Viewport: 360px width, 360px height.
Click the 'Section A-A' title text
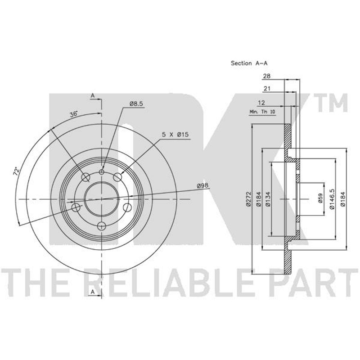click(249, 63)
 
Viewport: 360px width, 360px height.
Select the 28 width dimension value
click(267, 76)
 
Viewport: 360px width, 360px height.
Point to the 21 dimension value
click(267, 88)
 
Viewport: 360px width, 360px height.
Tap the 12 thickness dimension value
click(261, 103)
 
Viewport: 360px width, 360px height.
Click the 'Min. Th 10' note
click(262, 112)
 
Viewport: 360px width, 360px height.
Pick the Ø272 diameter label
click(248, 199)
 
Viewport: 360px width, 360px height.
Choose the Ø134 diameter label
click(268, 199)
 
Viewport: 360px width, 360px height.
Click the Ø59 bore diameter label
click(320, 198)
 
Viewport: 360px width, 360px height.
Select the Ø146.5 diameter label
click(332, 199)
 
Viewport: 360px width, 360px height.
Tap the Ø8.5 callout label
click(136, 104)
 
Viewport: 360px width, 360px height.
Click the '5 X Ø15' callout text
click(175, 135)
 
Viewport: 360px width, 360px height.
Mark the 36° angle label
click(74, 114)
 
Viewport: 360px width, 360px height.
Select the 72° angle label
click(17, 172)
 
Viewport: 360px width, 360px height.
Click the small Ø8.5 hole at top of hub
click(102, 172)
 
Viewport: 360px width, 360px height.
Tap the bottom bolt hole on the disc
click(101, 226)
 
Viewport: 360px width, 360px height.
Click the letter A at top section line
click(93, 96)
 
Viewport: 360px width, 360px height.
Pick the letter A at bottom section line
click(93, 292)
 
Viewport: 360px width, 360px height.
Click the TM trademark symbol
click(333, 103)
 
